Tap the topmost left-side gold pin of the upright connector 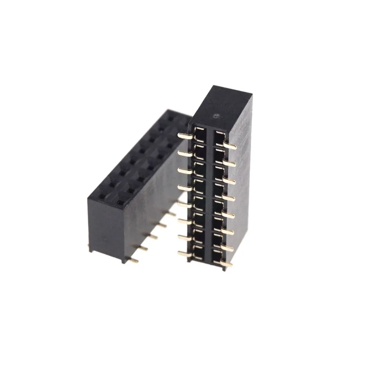point(184,135)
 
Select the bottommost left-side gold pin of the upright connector point(183,253)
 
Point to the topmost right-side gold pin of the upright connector point(231,146)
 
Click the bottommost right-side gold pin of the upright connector point(226,263)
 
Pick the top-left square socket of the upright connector point(200,134)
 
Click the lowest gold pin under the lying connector point(134,261)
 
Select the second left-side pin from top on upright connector point(184,153)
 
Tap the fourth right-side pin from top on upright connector point(229,198)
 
